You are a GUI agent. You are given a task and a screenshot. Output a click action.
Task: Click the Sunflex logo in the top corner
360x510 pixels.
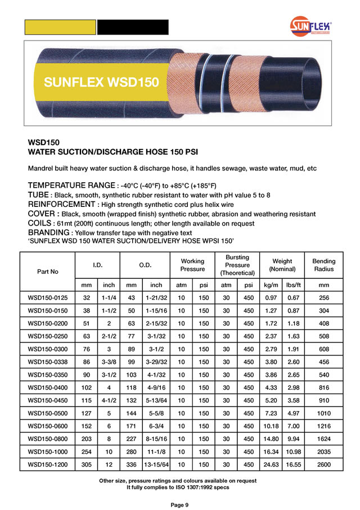point(311,26)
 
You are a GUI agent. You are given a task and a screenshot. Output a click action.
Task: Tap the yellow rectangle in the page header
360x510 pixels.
point(60,27)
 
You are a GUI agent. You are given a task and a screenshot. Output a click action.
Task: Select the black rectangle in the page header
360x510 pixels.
point(133,27)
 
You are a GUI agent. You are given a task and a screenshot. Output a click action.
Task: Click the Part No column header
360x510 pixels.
point(48,272)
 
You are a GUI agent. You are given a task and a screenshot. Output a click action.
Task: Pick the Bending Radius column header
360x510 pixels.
point(323,265)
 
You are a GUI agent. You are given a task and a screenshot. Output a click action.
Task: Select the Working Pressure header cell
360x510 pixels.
point(192,265)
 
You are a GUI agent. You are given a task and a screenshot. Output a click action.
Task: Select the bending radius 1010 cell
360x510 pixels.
point(323,413)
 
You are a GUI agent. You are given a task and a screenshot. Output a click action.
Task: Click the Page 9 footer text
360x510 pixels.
point(180,504)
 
